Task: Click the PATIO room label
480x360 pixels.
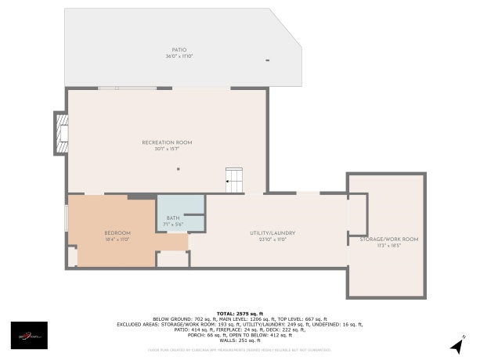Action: click(179, 49)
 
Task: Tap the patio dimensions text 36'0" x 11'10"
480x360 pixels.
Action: click(179, 56)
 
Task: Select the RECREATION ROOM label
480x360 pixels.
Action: click(167, 142)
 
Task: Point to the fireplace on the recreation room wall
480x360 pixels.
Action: click(60, 134)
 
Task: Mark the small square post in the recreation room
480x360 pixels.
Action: click(178, 169)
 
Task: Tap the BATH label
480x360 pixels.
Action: click(172, 218)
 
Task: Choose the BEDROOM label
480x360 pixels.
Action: click(117, 233)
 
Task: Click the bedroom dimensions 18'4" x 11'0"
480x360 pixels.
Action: click(117, 239)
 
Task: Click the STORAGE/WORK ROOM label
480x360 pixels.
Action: click(388, 239)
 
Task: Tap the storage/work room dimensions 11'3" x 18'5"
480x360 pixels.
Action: click(388, 245)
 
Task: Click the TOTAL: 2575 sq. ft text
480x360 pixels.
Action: click(240, 312)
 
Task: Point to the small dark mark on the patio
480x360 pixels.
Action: click(268, 60)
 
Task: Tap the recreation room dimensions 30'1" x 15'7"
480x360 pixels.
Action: click(167, 149)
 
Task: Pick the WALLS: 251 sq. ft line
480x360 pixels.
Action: click(240, 340)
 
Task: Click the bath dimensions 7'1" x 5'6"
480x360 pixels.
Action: click(172, 225)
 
